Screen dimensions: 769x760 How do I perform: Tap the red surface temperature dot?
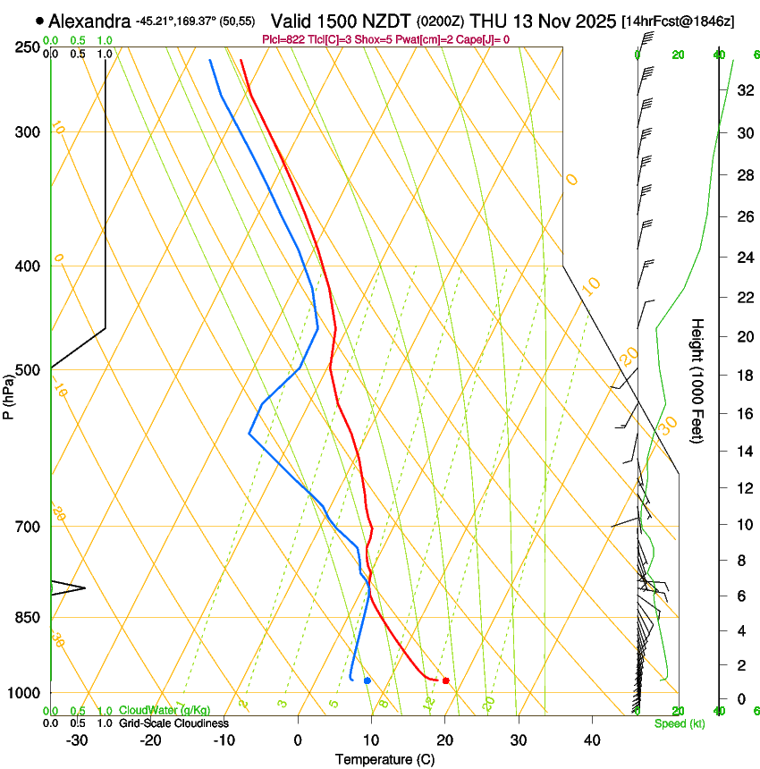445,681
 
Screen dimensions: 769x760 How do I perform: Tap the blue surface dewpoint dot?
367,681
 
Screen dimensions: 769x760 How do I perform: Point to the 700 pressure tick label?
28,527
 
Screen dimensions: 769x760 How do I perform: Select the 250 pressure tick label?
28,47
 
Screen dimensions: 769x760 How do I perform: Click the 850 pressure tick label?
28,618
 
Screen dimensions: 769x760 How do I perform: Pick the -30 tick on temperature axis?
77,739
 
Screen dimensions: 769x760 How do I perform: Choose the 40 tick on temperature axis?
591,739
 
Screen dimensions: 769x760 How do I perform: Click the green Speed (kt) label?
679,723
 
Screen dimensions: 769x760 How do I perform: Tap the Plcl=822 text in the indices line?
285,39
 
